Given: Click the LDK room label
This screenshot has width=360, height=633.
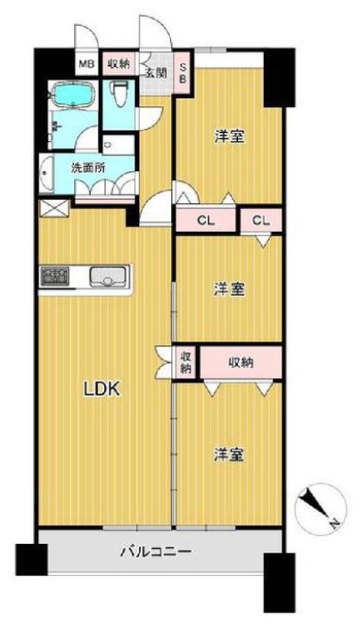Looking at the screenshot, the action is click(x=101, y=390).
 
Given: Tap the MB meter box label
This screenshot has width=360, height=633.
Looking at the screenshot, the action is click(x=86, y=63).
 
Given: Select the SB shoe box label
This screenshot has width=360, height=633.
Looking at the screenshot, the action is click(x=183, y=74).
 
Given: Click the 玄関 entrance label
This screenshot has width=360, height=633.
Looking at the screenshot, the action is click(x=155, y=73).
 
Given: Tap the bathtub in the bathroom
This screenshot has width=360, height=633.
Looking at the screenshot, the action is click(x=73, y=95).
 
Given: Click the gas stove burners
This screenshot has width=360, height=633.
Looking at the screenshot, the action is click(x=55, y=276).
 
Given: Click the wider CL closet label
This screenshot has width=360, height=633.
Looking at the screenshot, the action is click(x=206, y=220).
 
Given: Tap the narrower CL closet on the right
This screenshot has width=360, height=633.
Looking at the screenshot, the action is click(x=261, y=220).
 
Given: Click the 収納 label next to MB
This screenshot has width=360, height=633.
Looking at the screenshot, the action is click(x=119, y=63).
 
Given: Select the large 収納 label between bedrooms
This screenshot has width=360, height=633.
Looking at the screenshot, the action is click(x=241, y=363).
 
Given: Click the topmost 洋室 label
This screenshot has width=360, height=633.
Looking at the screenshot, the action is click(x=229, y=137).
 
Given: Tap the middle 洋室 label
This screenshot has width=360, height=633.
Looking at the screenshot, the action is click(x=229, y=290).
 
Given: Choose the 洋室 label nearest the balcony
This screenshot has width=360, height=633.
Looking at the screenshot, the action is click(x=229, y=455).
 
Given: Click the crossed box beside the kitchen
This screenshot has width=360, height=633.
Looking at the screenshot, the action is click(x=54, y=209).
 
